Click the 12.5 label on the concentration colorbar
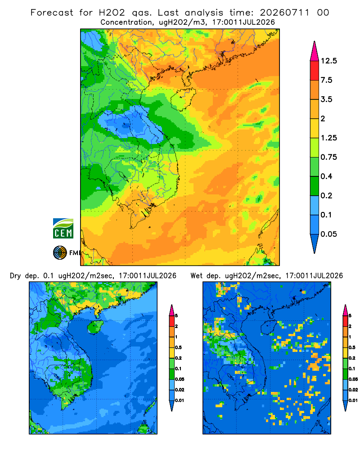coord(328,61)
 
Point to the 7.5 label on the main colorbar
coord(326,80)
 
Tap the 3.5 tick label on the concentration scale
coord(326,99)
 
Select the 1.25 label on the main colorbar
coord(328,138)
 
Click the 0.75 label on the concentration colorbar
coord(328,157)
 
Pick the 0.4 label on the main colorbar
coord(326,176)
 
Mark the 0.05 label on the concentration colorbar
coord(328,234)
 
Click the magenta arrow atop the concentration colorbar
coord(315,52)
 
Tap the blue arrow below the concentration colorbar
coord(315,243)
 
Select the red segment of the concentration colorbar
coord(315,71)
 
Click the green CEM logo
coord(63,229)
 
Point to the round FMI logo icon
coord(60,253)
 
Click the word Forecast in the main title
coord(52,13)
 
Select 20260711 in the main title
coord(285,13)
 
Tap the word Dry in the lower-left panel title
coord(15,276)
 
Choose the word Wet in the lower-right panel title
coord(197,276)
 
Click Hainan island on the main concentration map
coord(183,99)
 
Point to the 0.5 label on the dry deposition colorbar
coord(178,347)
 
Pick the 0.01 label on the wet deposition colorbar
coord(353,400)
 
